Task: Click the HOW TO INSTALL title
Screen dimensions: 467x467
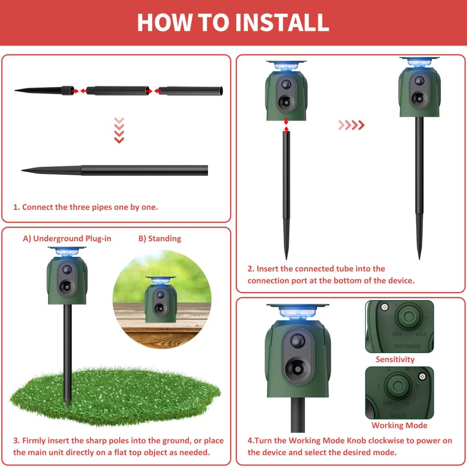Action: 233,22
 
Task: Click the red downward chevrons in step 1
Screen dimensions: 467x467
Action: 119,130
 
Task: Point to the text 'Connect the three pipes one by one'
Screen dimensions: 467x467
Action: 86,207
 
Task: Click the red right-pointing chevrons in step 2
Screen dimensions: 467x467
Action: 351,125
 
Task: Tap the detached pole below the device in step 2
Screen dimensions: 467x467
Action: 286,192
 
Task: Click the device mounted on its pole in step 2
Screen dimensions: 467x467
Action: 419,91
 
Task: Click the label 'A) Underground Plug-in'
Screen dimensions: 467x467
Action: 67,239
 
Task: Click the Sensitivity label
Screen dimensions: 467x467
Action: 395,359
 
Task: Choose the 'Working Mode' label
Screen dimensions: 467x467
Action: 399,425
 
